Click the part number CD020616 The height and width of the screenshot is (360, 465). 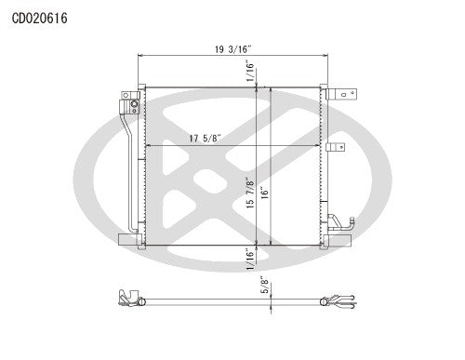[x=40, y=18]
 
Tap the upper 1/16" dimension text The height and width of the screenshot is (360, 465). [x=249, y=71]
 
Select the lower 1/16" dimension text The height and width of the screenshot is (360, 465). [x=249, y=257]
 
